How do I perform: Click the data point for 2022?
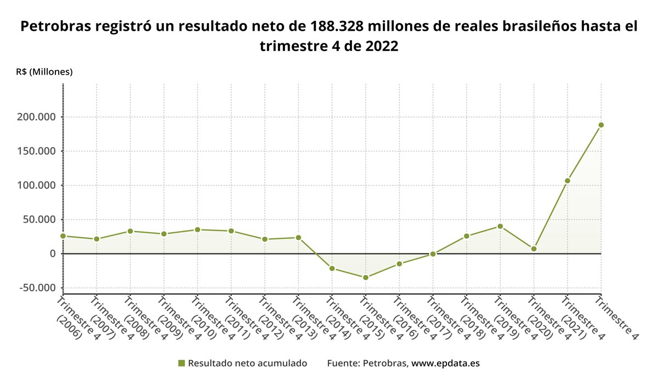(x=601, y=125)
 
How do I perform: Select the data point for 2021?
(x=568, y=181)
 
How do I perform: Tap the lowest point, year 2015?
(x=366, y=277)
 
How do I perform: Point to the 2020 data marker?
(x=534, y=249)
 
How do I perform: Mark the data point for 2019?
(x=500, y=226)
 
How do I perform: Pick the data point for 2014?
(x=332, y=268)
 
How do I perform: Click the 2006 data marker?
(x=63, y=236)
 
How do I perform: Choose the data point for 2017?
(x=433, y=254)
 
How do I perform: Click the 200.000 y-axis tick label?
(x=37, y=117)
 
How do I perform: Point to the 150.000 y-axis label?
(x=37, y=151)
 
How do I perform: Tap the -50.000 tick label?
(x=37, y=288)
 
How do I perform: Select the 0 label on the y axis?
(x=53, y=254)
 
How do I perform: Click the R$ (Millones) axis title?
(x=44, y=72)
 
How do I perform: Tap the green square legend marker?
(x=181, y=363)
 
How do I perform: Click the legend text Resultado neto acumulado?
(x=247, y=363)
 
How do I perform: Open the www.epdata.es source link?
(x=446, y=363)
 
